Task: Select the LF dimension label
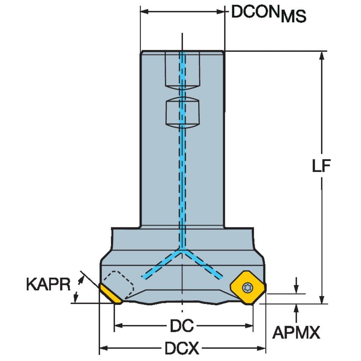click(321, 166)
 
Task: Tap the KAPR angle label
click(47, 284)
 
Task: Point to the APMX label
click(296, 333)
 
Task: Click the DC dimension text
click(181, 325)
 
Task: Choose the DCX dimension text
click(181, 349)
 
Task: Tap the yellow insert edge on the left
click(111, 294)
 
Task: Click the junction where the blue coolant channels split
click(182, 251)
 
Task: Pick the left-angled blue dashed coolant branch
click(162, 264)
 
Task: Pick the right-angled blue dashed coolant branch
click(202, 264)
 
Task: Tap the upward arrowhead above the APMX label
click(297, 308)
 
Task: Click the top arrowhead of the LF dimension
click(322, 55)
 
